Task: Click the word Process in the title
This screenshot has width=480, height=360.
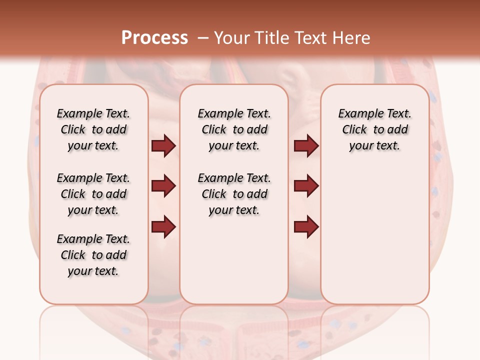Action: tap(154, 37)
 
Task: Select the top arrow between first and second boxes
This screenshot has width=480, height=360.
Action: tap(163, 146)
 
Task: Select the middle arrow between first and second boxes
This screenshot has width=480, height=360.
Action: tap(163, 186)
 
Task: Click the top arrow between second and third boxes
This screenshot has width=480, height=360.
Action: tap(306, 146)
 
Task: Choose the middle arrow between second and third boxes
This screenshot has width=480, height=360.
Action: tap(306, 186)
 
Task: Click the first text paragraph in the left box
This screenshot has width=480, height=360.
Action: tap(93, 129)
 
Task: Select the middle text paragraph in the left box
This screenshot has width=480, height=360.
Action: tap(93, 194)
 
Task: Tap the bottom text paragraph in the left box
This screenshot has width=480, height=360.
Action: tap(93, 255)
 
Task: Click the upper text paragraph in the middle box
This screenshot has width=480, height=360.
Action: tap(234, 129)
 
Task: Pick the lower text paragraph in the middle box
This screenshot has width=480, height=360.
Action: tap(234, 194)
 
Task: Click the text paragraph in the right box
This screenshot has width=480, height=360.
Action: tap(375, 129)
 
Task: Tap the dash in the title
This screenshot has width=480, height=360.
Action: tap(203, 38)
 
